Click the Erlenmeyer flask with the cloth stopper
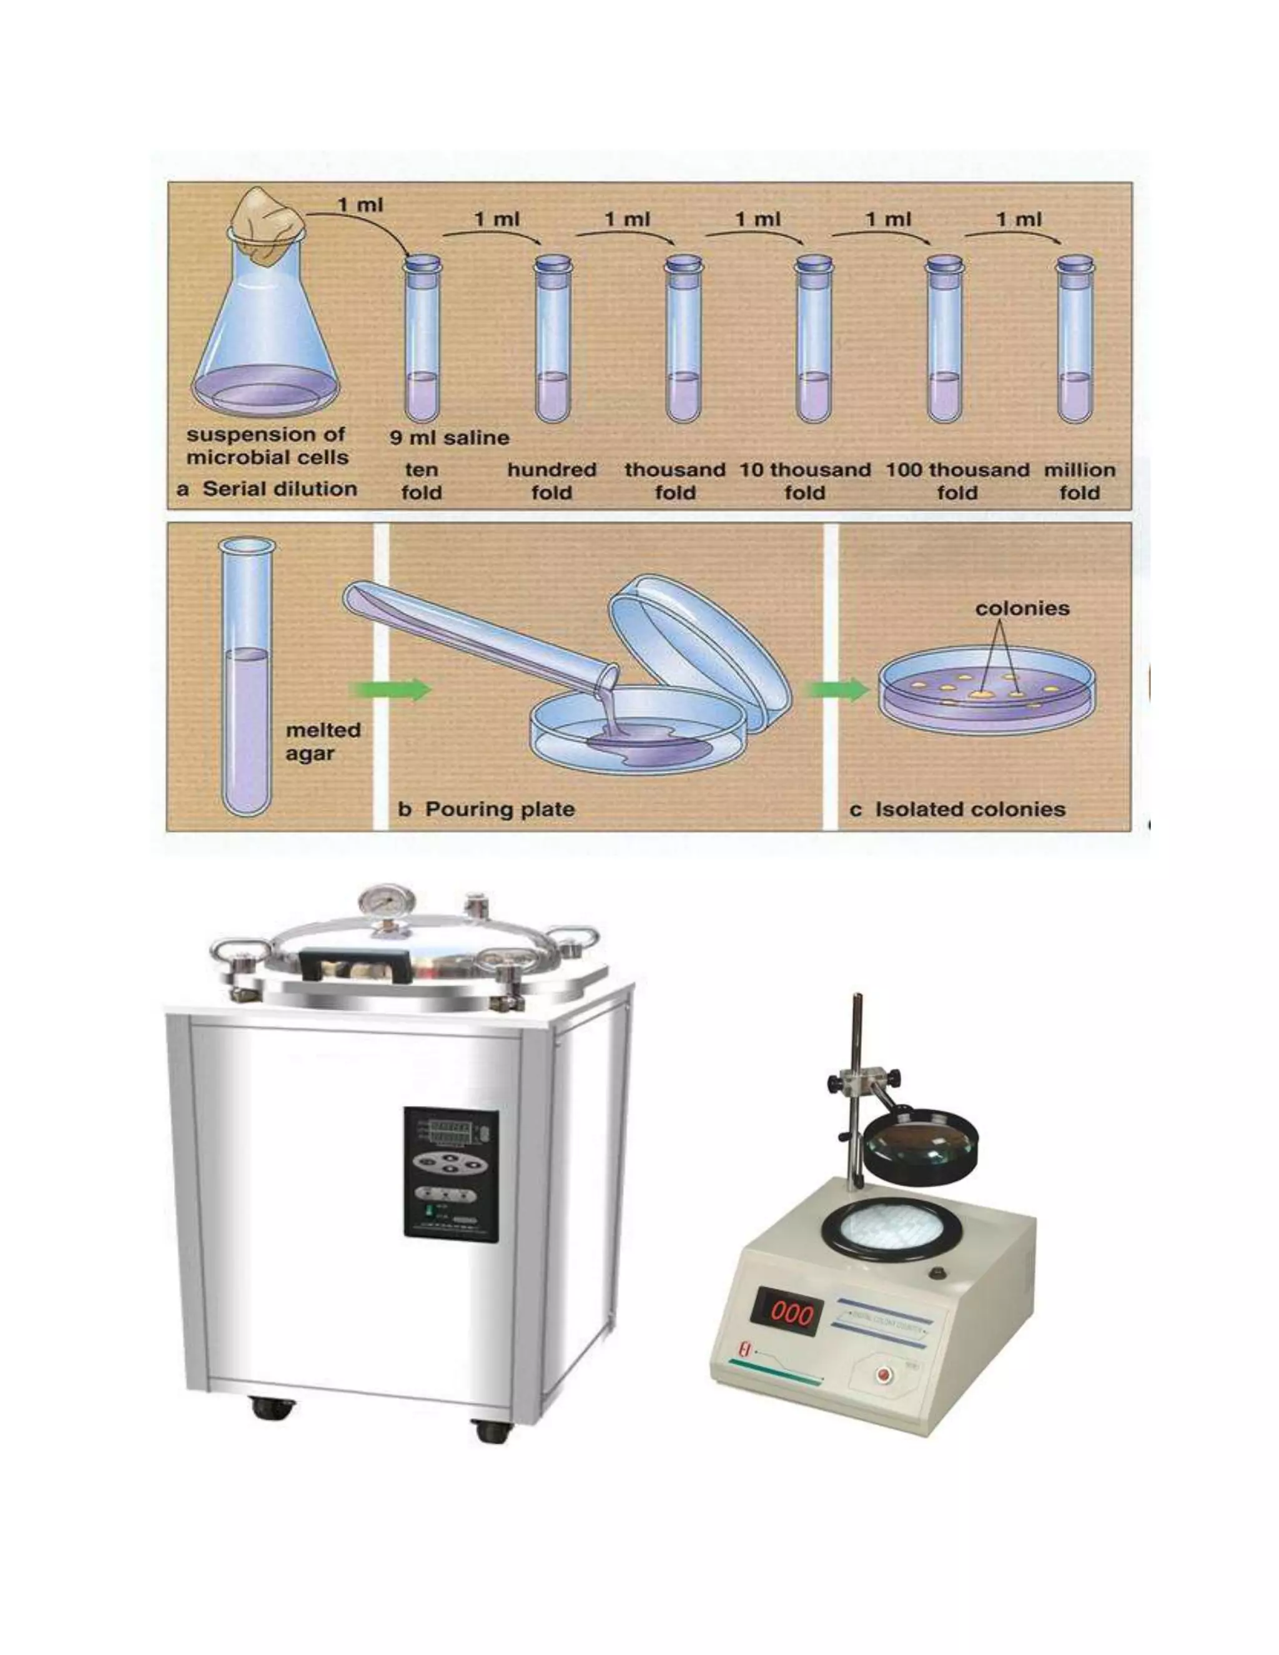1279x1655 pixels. click(x=265, y=326)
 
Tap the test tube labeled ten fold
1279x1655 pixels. click(x=422, y=341)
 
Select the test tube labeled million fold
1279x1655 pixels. click(x=1075, y=341)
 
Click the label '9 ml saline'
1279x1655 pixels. click(x=449, y=438)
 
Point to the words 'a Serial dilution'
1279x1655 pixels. click(x=267, y=489)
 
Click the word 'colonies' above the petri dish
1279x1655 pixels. click(x=1022, y=608)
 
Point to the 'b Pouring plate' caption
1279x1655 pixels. click(x=486, y=809)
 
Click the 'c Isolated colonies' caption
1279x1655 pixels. click(x=958, y=809)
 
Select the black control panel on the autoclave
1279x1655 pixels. click(x=451, y=1175)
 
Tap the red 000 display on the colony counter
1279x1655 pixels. click(x=786, y=1313)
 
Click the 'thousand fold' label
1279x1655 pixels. click(x=674, y=481)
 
